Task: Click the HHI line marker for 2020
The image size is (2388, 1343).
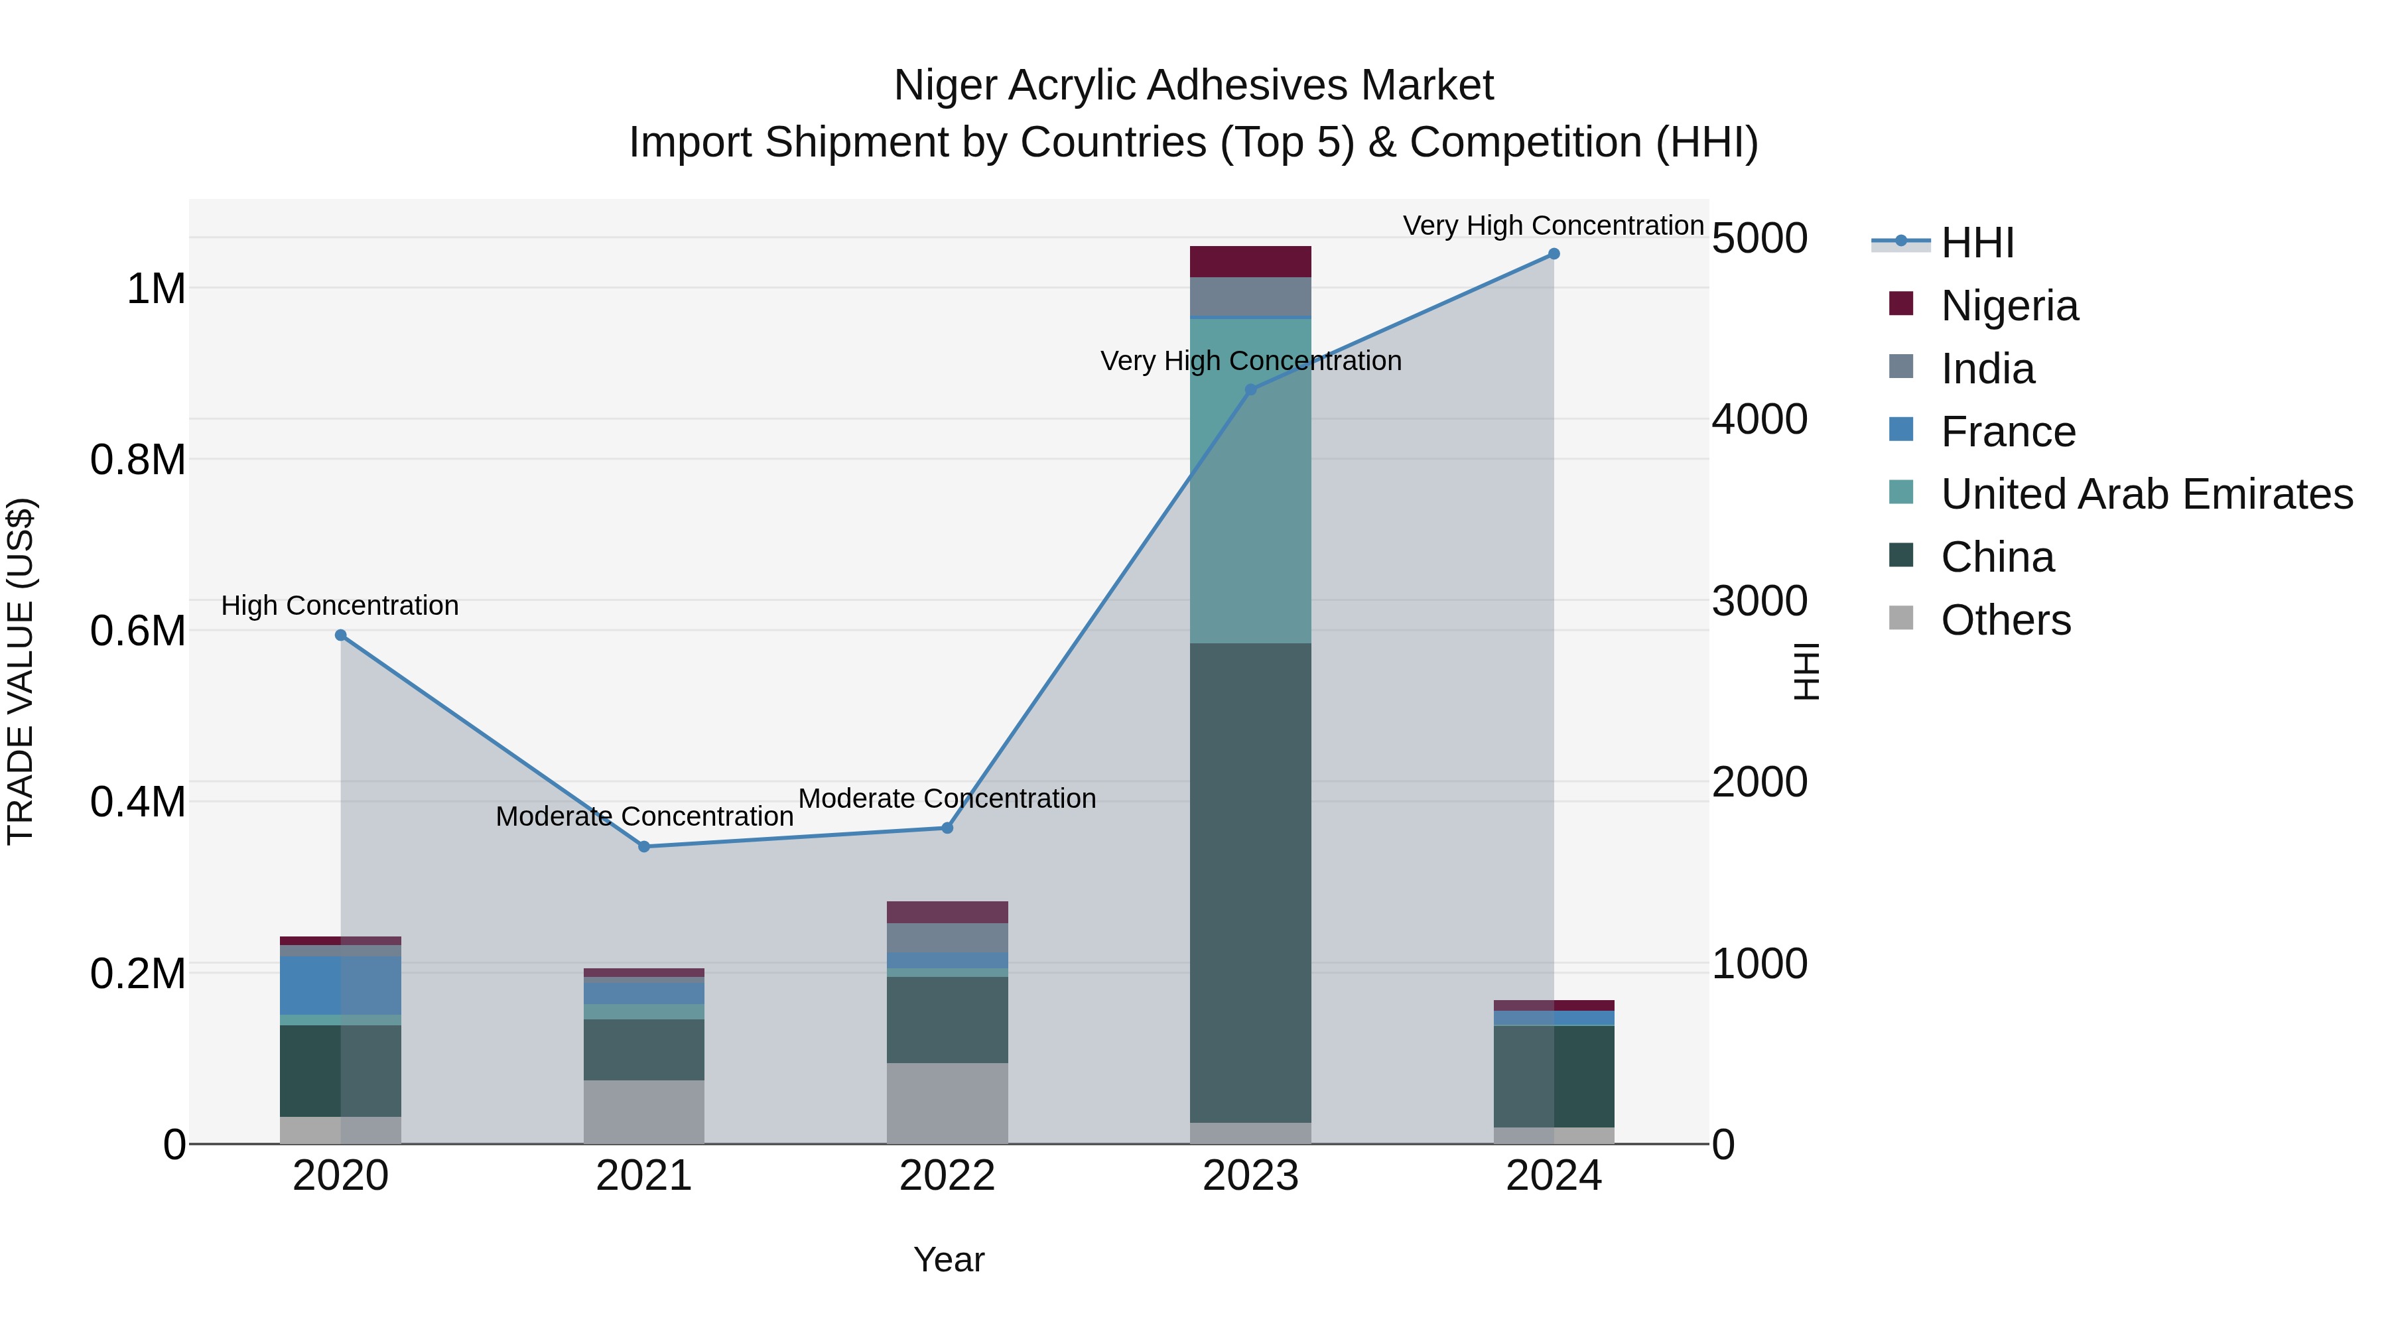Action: coord(340,635)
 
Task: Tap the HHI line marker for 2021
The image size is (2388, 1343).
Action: coord(644,846)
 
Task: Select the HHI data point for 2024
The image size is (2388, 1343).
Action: coord(1554,254)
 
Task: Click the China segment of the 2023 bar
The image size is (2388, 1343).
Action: coord(1250,881)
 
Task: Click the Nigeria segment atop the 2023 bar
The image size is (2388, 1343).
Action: coord(1250,261)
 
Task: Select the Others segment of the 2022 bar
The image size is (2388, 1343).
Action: coord(947,1102)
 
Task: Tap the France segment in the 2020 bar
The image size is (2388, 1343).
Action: coord(340,986)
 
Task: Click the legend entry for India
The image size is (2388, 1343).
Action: coord(1987,369)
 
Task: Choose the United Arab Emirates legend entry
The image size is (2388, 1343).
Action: coord(2146,494)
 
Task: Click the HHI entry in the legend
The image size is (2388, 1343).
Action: coord(1977,243)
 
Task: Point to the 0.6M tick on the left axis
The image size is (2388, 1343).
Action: coord(138,631)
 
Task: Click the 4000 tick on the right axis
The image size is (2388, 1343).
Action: coord(1758,420)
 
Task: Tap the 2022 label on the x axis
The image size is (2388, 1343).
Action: coord(947,1176)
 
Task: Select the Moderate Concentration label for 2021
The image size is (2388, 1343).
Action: coord(644,816)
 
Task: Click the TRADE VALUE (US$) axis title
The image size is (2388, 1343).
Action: coord(21,671)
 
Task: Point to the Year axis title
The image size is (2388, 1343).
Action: coord(949,1259)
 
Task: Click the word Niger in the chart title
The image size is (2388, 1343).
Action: coord(945,86)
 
